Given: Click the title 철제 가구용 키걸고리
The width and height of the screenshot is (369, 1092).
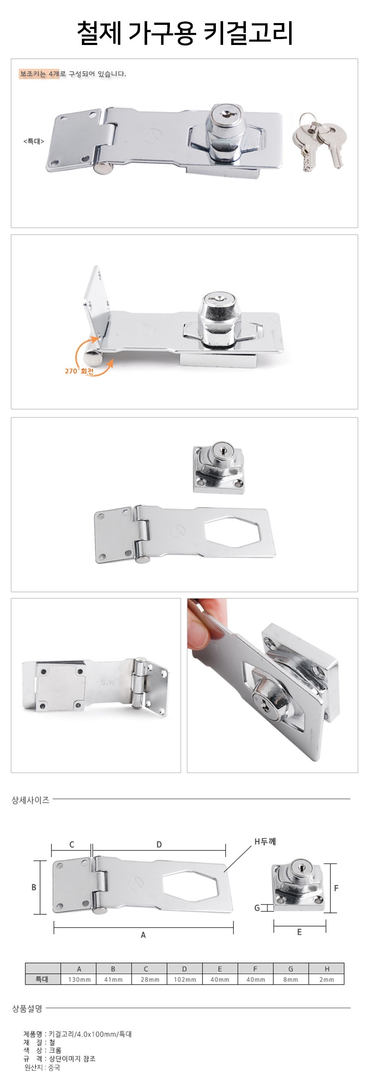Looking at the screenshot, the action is [x=185, y=33].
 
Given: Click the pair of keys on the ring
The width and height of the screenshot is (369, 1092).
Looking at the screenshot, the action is [x=320, y=142].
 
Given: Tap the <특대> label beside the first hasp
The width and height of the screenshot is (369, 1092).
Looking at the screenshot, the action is [x=33, y=141].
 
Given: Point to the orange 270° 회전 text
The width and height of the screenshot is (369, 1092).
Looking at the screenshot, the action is [x=79, y=371].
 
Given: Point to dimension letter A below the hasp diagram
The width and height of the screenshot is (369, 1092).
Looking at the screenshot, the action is [x=143, y=935].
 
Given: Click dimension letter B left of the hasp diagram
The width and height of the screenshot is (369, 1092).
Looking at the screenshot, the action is [x=33, y=888].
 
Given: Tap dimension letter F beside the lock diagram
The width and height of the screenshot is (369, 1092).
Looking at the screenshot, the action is [x=336, y=888].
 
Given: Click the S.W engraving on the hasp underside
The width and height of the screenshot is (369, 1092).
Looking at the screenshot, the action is [x=107, y=682].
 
